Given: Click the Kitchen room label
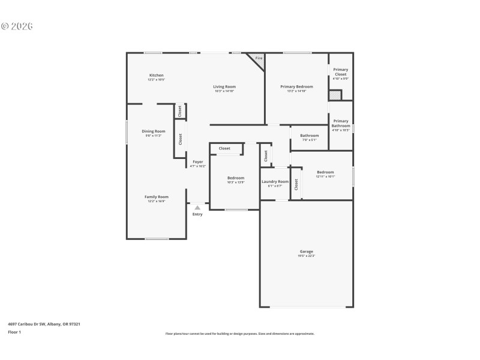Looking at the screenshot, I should click(x=156, y=75).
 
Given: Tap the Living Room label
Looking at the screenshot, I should click(x=224, y=86).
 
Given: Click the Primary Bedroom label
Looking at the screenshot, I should click(x=296, y=86).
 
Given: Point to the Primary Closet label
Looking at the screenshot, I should click(x=340, y=72).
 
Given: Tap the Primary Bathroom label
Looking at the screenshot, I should click(x=340, y=123).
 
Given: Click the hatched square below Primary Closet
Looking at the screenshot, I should click(x=335, y=95).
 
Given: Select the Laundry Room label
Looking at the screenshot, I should click(x=275, y=181).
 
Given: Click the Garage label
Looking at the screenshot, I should click(x=306, y=251).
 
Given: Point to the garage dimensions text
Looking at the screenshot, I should click(x=306, y=256).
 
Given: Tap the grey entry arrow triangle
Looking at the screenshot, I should click(x=197, y=207).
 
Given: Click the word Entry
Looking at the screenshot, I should click(x=197, y=214).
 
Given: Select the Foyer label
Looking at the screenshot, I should click(x=197, y=161).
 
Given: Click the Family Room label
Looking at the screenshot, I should click(x=156, y=196).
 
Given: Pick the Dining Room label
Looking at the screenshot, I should click(x=154, y=131).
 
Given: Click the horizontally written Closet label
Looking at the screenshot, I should click(x=224, y=148).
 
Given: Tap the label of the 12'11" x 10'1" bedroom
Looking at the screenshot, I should click(x=325, y=172).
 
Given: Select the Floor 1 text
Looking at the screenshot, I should click(x=14, y=332).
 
